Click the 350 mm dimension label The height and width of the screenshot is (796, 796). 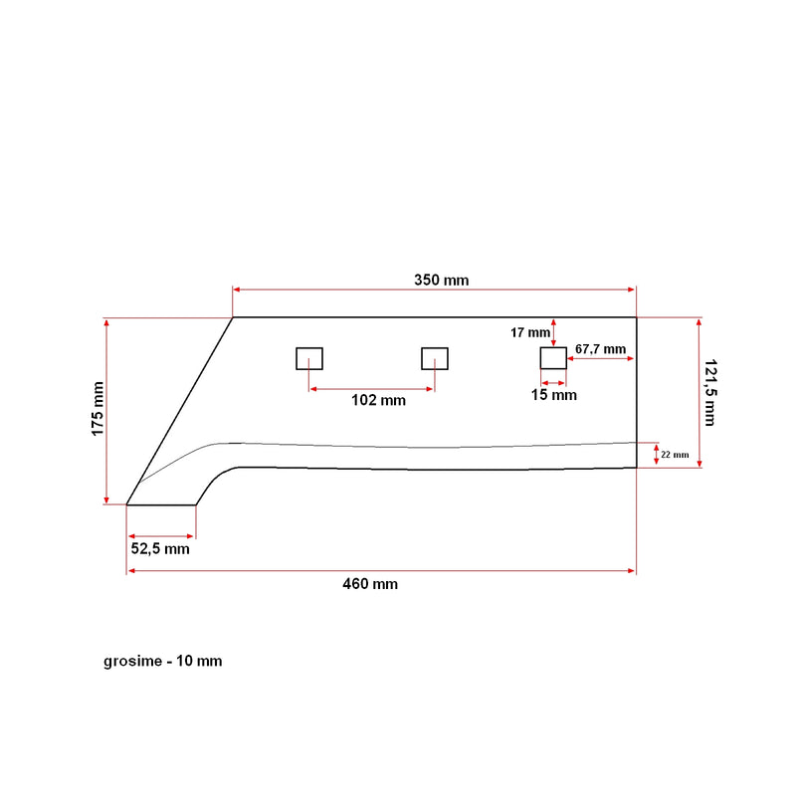(x=441, y=281)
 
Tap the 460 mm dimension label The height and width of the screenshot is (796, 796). (x=370, y=584)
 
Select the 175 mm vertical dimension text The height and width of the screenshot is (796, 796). (x=98, y=409)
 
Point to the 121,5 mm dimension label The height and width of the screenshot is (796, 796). (x=710, y=392)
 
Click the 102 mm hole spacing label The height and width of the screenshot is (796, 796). (x=379, y=400)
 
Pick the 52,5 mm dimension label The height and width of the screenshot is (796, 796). (x=160, y=549)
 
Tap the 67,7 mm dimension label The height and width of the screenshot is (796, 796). (x=601, y=349)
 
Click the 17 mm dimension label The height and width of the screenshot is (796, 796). (x=530, y=332)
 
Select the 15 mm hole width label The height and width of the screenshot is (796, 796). (x=554, y=395)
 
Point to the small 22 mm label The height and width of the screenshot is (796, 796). (x=675, y=455)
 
